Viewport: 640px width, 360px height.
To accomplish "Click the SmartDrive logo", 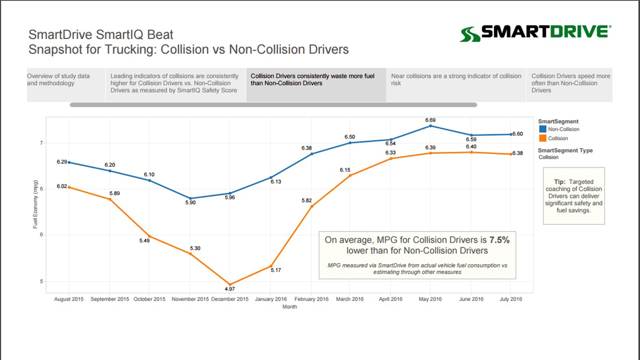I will click(535, 33).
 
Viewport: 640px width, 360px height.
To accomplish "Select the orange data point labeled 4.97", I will click(230, 284).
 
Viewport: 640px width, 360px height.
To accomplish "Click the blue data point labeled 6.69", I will click(430, 126).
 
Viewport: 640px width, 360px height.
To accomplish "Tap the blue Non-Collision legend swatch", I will click(542, 129).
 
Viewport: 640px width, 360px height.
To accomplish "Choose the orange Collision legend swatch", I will click(542, 138).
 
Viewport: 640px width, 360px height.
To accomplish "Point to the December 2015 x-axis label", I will click(230, 299).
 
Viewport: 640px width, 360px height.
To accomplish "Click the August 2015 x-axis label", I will click(69, 299).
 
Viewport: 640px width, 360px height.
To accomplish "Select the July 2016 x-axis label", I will click(510, 299).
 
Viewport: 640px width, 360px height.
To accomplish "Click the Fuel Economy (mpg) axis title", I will click(35, 204).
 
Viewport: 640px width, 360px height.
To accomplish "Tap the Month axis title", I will click(290, 307).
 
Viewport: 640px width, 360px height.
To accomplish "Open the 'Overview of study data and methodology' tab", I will click(58, 80).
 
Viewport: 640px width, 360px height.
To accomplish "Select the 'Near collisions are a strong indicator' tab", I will click(456, 80).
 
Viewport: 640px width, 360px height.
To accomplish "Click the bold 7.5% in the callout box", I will click(499, 240).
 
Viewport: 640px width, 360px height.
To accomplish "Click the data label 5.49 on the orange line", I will click(144, 241).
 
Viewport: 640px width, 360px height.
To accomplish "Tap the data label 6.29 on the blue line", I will click(62, 162).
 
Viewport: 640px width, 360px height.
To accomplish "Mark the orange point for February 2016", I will click(312, 207).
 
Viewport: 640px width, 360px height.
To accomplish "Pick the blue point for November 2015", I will click(190, 199).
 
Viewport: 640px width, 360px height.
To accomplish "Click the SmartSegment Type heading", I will click(565, 150).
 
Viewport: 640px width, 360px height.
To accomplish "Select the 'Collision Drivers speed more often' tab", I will click(570, 83).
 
